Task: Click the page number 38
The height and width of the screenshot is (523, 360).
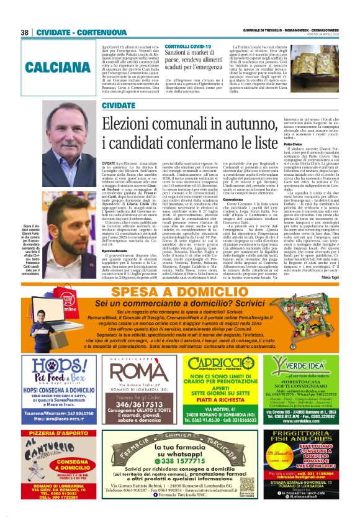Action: click(x=25, y=32)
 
